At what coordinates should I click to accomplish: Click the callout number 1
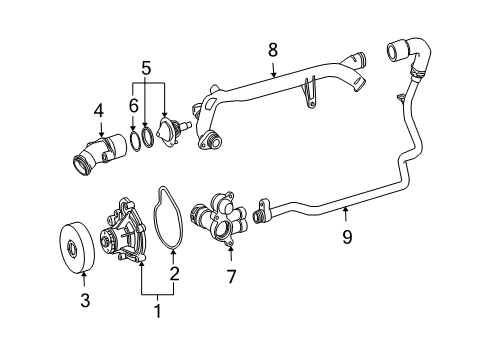(x=157, y=311)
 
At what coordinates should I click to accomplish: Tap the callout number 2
(x=174, y=273)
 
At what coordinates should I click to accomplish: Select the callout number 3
(x=85, y=300)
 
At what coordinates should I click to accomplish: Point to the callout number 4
(x=99, y=111)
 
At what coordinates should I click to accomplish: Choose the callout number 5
(x=146, y=68)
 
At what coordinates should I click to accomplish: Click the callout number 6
(x=133, y=106)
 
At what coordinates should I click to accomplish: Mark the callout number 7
(x=231, y=276)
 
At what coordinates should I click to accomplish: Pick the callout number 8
(x=273, y=50)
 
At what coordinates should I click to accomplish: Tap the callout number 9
(x=347, y=237)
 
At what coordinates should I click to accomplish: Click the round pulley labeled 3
(x=77, y=247)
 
